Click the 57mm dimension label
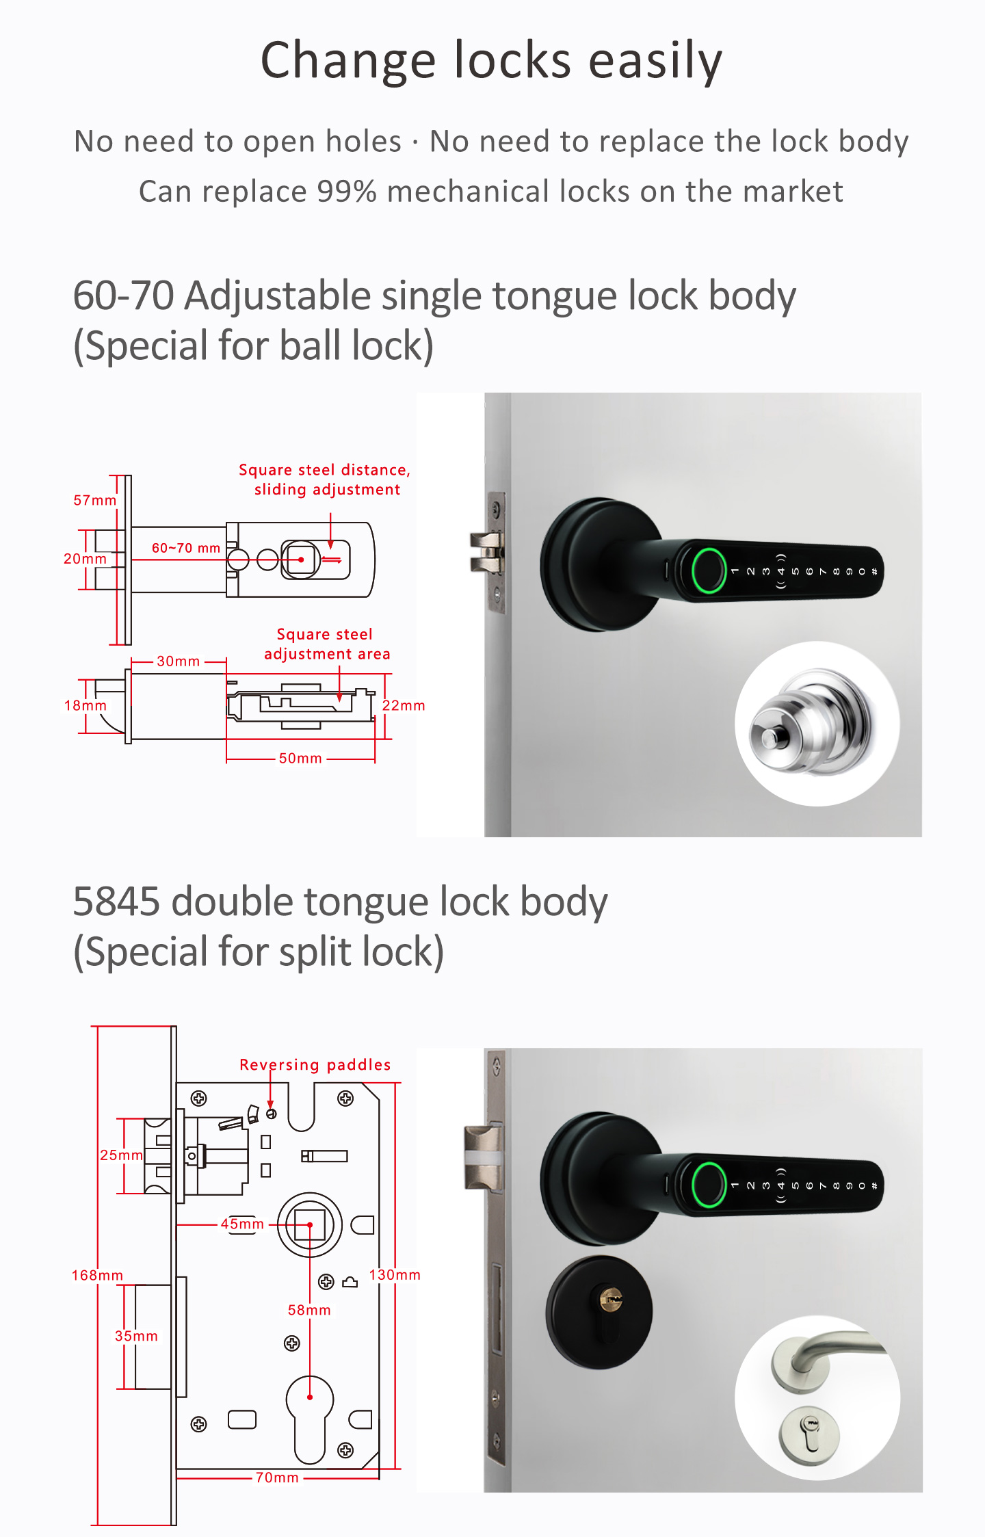point(94,500)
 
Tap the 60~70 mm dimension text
point(186,548)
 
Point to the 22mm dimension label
point(404,705)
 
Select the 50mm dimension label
point(300,758)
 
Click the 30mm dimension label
point(179,661)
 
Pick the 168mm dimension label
point(98,1275)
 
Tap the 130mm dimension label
point(395,1274)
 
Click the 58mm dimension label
point(309,1310)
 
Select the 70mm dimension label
point(277,1477)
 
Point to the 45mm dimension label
point(242,1224)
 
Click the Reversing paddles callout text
point(315,1065)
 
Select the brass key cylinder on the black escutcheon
point(611,1298)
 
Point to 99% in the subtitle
point(347,192)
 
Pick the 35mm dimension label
point(136,1336)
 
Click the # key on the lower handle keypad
point(874,1185)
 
